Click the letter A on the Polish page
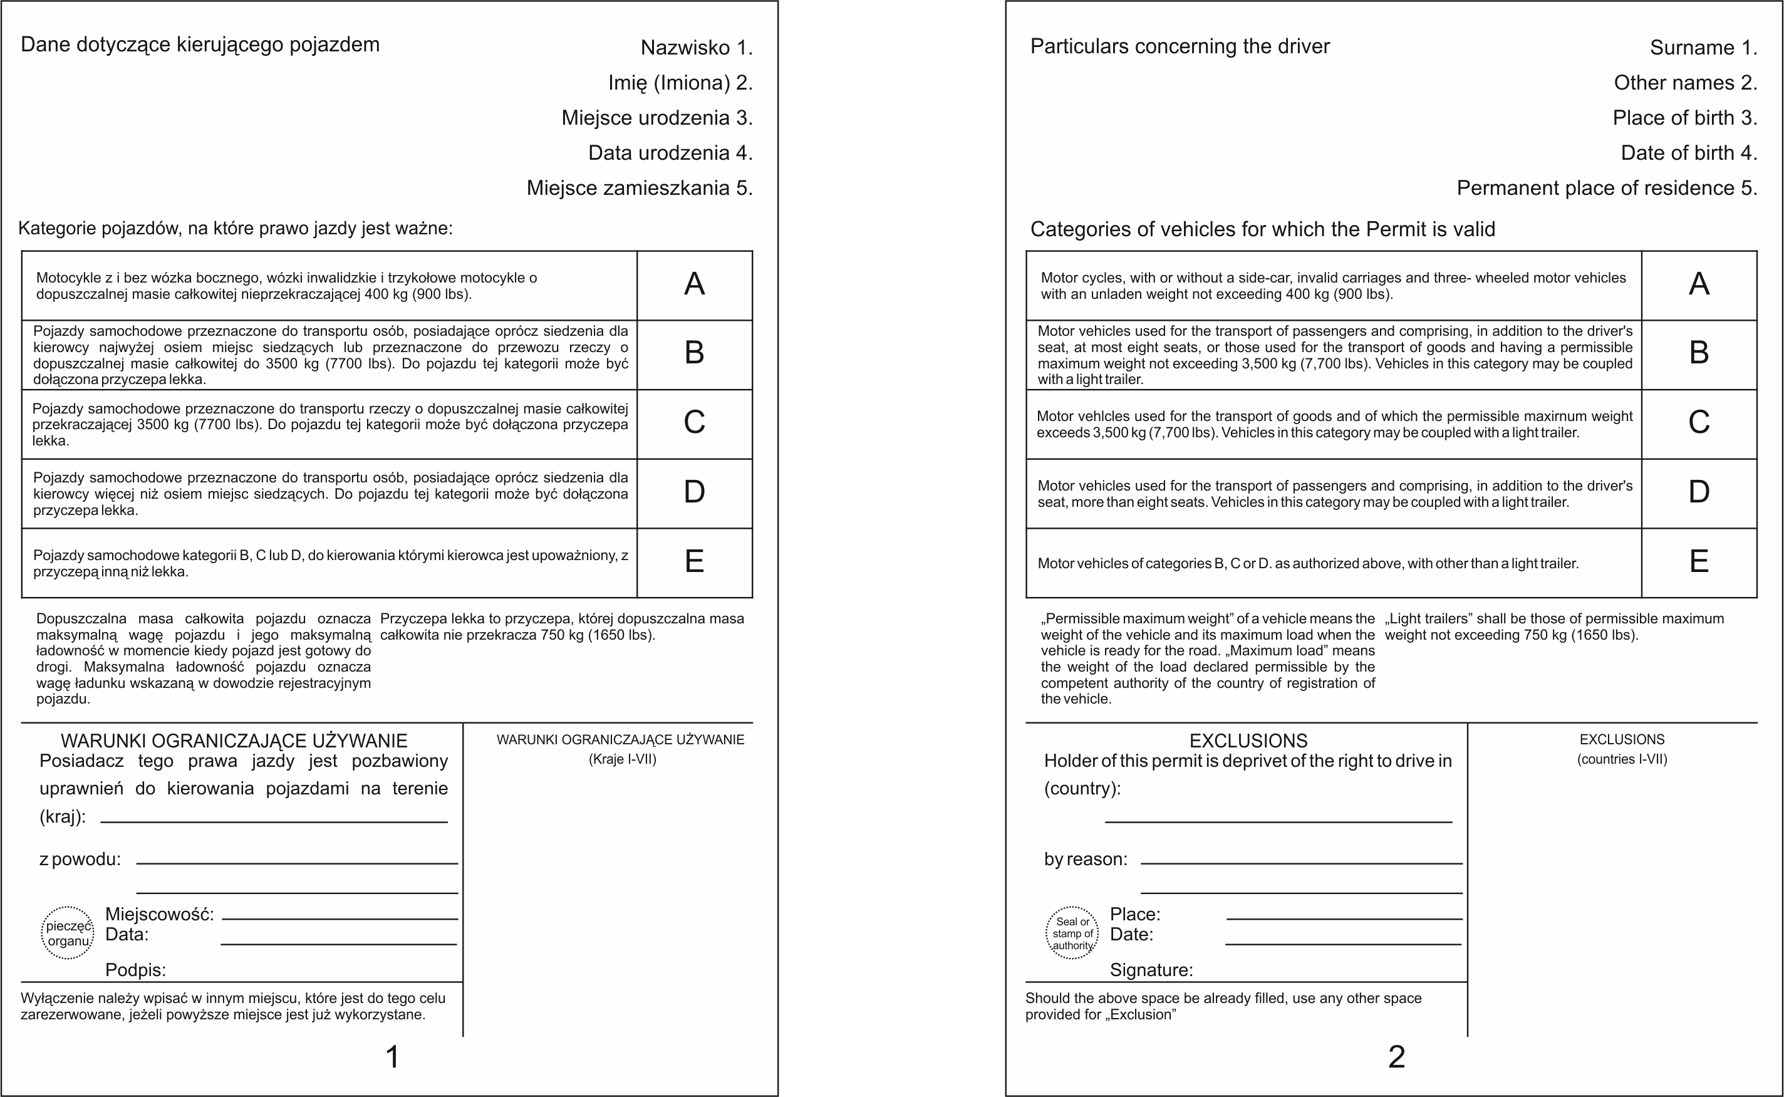694,284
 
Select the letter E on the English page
1698,561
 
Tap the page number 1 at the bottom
392,1057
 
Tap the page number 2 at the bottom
1396,1057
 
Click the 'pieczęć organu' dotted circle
68,933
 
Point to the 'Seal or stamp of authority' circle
1072,933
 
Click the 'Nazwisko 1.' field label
696,48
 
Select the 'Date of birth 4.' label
1688,153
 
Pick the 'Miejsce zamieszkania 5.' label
639,188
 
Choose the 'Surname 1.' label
1703,48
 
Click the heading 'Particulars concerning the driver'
1180,46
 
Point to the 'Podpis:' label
135,970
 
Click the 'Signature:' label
1151,970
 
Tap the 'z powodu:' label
80,860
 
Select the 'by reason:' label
1086,860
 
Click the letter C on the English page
1698,422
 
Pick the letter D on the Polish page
694,492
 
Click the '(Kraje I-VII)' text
622,759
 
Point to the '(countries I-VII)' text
1622,759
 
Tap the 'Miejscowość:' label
160,914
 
